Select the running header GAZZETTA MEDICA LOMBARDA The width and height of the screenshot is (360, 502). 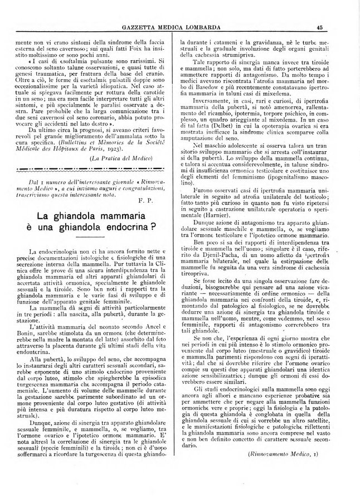coord(179,26)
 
